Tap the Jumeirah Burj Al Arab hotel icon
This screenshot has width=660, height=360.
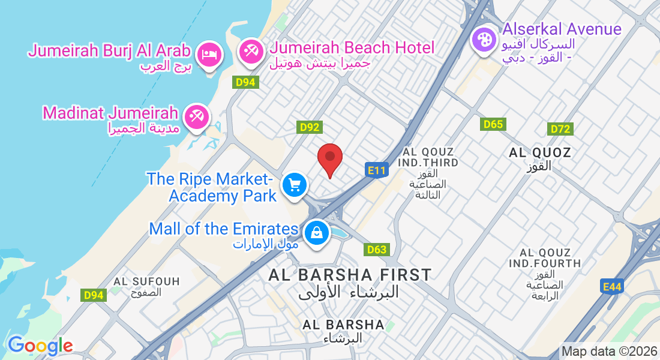point(209,55)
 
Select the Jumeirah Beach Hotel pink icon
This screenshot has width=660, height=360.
point(250,52)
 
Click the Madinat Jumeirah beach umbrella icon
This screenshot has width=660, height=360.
point(196,115)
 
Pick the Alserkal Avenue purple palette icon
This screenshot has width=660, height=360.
point(483,40)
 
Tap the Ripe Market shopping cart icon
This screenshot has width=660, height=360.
point(294,184)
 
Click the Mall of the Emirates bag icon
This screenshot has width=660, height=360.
point(316,233)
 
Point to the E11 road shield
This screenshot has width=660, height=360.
point(376,170)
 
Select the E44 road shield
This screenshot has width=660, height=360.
point(612,287)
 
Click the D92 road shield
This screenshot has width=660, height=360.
point(310,127)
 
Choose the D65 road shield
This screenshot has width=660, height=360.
point(493,124)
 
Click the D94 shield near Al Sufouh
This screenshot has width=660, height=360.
point(94,295)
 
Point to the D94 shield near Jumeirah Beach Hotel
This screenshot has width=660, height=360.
point(246,83)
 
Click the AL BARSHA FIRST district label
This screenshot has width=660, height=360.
point(350,275)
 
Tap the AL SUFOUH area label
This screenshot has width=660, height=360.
point(138,281)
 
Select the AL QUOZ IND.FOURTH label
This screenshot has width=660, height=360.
point(544,258)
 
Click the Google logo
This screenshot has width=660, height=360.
point(40,346)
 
